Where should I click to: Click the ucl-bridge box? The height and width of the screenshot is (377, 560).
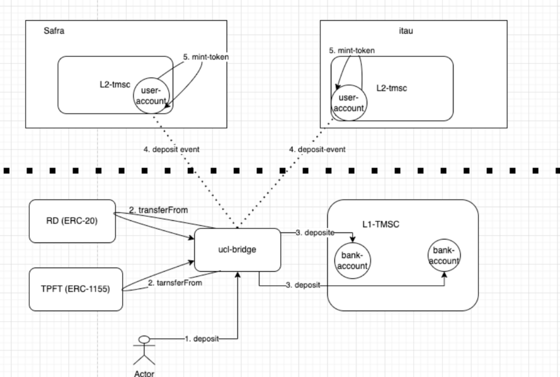pos(237,250)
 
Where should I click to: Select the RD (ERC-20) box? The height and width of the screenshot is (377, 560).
pos(72,221)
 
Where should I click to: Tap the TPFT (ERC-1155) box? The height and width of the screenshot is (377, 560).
pos(75,289)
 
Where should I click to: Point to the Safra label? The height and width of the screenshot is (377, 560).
pos(54,31)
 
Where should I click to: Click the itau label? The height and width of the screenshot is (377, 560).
pos(405,31)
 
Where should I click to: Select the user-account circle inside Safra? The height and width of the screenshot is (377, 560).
pos(151,96)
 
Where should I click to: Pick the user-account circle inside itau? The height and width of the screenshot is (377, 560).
pos(349,103)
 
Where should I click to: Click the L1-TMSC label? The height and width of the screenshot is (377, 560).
pos(380,224)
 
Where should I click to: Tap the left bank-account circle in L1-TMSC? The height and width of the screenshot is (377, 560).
pos(352,261)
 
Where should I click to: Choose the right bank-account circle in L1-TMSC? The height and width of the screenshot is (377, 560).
pos(444,255)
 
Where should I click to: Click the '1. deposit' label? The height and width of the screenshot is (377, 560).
pos(202,339)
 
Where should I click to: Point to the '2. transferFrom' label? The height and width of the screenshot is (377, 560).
pos(159,210)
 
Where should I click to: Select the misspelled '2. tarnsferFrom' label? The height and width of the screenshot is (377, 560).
pos(175,283)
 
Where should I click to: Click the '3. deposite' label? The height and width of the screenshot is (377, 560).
pos(315,232)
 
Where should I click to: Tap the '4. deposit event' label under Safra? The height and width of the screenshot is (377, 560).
pos(171,149)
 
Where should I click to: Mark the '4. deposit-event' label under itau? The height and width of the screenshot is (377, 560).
pos(317,149)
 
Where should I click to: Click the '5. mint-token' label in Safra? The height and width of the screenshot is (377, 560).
pos(206,57)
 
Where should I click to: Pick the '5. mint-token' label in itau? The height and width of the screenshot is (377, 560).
pos(352,50)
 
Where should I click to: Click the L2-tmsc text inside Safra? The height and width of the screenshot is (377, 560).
pos(115,85)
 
